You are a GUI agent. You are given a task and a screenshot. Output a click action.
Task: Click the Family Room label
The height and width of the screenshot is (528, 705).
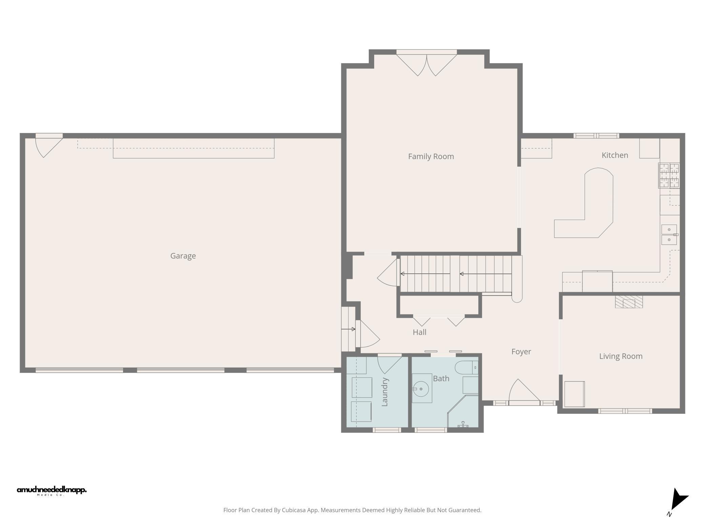coord(431,156)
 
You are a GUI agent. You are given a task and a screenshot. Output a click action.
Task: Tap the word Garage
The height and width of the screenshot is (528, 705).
coord(183,256)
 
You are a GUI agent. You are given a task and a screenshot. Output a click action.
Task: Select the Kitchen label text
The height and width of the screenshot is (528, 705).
coord(615,155)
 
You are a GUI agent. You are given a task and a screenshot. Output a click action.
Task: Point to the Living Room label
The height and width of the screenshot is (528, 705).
coord(621,356)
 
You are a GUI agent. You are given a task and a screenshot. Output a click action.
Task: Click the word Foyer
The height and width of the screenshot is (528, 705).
coord(521,352)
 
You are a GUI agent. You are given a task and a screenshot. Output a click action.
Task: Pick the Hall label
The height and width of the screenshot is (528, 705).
coord(419,332)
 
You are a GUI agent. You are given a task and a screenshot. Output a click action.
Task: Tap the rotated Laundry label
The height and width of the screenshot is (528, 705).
coord(385,392)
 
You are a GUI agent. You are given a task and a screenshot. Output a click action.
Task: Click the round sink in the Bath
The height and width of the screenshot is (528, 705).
coord(421,389)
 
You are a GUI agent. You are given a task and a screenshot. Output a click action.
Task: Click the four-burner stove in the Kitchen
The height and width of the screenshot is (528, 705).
coord(669,175)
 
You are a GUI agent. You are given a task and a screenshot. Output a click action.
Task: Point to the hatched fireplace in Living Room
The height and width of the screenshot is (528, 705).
coord(629,302)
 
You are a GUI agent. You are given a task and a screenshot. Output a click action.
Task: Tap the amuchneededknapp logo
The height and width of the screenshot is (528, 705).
coord(52,490)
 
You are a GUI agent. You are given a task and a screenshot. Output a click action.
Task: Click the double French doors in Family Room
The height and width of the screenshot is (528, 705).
coord(426,64)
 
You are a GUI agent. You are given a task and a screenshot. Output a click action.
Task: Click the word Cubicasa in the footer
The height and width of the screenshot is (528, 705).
coord(294,510)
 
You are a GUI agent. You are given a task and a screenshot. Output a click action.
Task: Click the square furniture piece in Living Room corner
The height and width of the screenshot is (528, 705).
coord(574,394)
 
